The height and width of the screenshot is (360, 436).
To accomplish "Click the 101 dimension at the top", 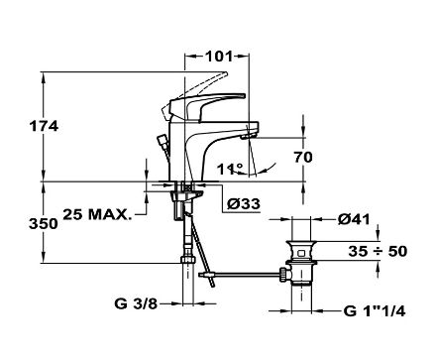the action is coord(219,57).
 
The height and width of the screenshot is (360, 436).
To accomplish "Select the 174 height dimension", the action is coord(44,126).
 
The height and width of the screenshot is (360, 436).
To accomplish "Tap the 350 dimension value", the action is coord(44,224).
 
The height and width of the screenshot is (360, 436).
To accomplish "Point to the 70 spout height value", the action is coord(303,157).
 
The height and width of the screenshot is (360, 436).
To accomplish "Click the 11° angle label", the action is coord(230,170).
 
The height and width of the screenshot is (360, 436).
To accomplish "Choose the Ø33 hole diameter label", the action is coord(244,204).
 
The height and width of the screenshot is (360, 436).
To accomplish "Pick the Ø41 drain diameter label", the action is coord(354,219).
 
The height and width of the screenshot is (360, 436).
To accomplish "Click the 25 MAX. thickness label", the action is coord(97,215).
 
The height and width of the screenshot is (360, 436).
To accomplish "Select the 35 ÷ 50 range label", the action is coord(378,251).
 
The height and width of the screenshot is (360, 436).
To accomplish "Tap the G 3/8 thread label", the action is coord(136,303).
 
